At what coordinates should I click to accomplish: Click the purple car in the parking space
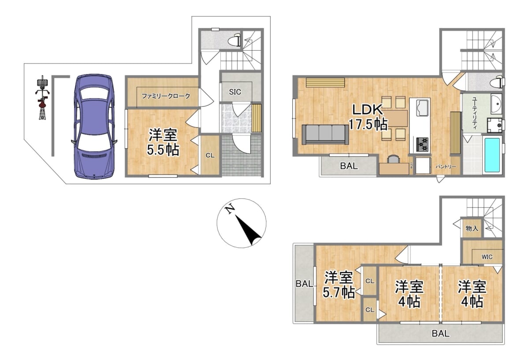pos(93,126)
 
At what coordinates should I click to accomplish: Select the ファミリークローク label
pos(166,96)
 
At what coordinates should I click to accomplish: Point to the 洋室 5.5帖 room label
pos(163,142)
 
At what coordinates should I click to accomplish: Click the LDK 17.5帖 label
pos(369,117)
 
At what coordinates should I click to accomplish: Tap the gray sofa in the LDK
pos(325,134)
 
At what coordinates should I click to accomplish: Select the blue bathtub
pos(492,155)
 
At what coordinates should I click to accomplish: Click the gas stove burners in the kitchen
pos(422,144)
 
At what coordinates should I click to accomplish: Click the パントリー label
pos(446,167)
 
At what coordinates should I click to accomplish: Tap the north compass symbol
pos(241,223)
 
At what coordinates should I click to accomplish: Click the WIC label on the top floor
pos(487,257)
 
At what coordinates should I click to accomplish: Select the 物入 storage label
pos(471,228)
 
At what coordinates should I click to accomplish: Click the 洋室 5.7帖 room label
pos(339,285)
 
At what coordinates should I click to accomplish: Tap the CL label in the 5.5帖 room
pos(210,155)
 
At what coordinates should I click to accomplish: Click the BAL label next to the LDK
pos(349,166)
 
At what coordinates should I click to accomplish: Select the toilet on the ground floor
pos(235,41)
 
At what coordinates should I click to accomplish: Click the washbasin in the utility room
pos(496,104)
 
